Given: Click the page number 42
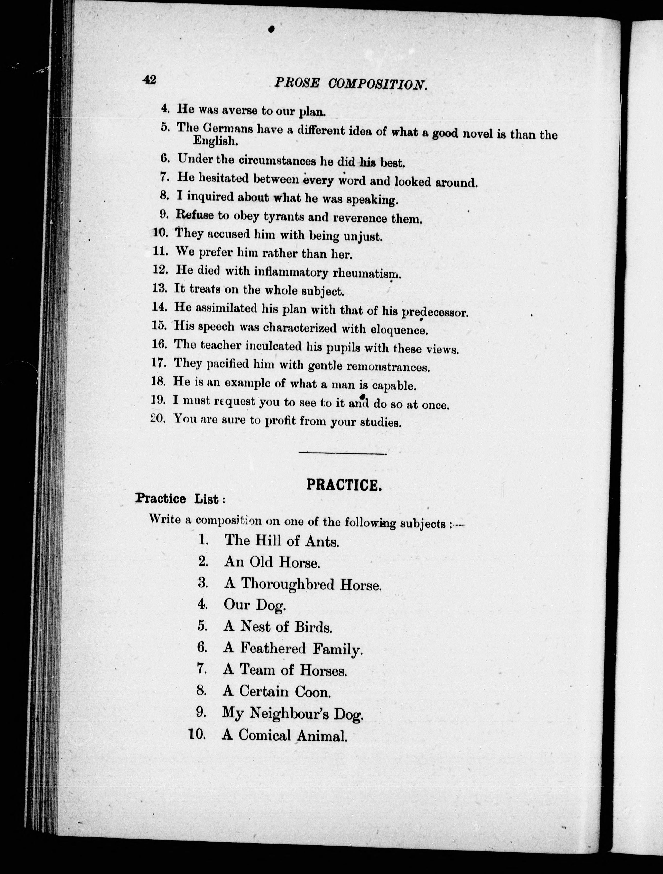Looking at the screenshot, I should click(149, 80).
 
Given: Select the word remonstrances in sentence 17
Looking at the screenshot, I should click(388, 367).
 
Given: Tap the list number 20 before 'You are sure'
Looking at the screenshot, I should click(157, 418).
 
